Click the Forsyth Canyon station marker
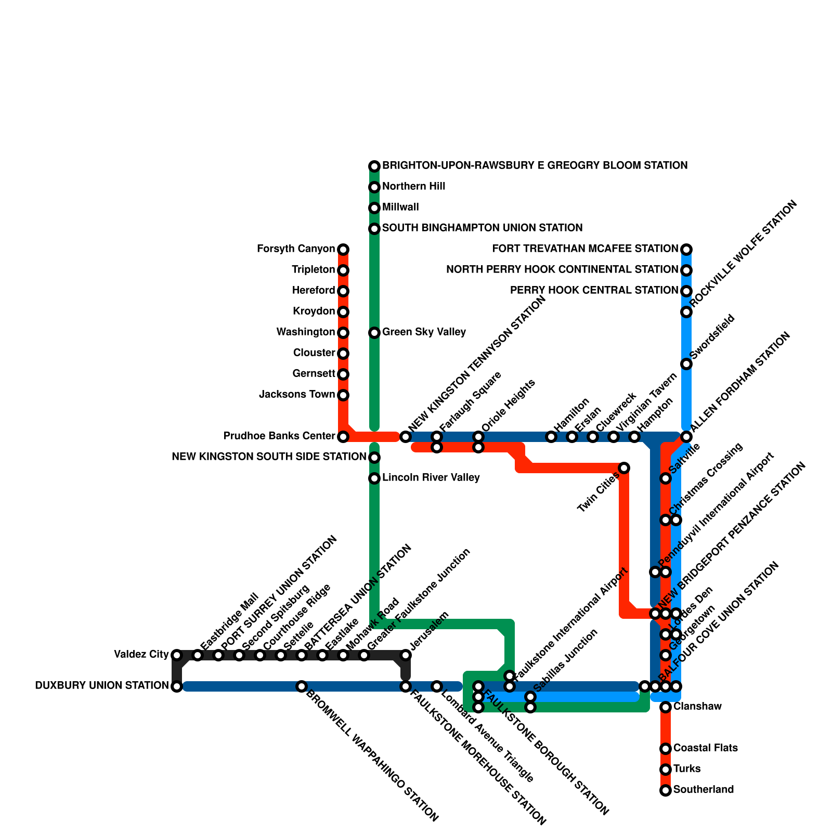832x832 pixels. tap(343, 250)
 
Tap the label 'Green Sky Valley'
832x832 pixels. tap(424, 332)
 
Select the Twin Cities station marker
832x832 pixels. tap(624, 468)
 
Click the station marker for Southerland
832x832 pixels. tap(666, 790)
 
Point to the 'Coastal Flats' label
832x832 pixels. tap(705, 748)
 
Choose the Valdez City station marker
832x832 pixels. tap(177, 655)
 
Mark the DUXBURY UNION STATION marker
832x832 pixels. tap(177, 686)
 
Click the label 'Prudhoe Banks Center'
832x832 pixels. tap(279, 436)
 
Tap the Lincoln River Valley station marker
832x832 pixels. tap(374, 478)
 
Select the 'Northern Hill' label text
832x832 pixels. tap(413, 187)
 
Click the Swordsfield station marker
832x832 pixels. tap(686, 364)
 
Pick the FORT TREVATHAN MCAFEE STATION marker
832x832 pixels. tap(686, 250)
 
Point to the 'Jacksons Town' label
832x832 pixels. tap(297, 395)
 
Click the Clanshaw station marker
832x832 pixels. tap(666, 707)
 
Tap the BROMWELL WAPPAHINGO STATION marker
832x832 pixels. tap(302, 686)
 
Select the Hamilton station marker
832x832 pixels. tap(551, 437)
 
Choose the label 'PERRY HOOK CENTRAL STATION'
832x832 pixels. tap(594, 291)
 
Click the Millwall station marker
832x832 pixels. tap(374, 208)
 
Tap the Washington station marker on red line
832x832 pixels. tap(343, 333)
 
